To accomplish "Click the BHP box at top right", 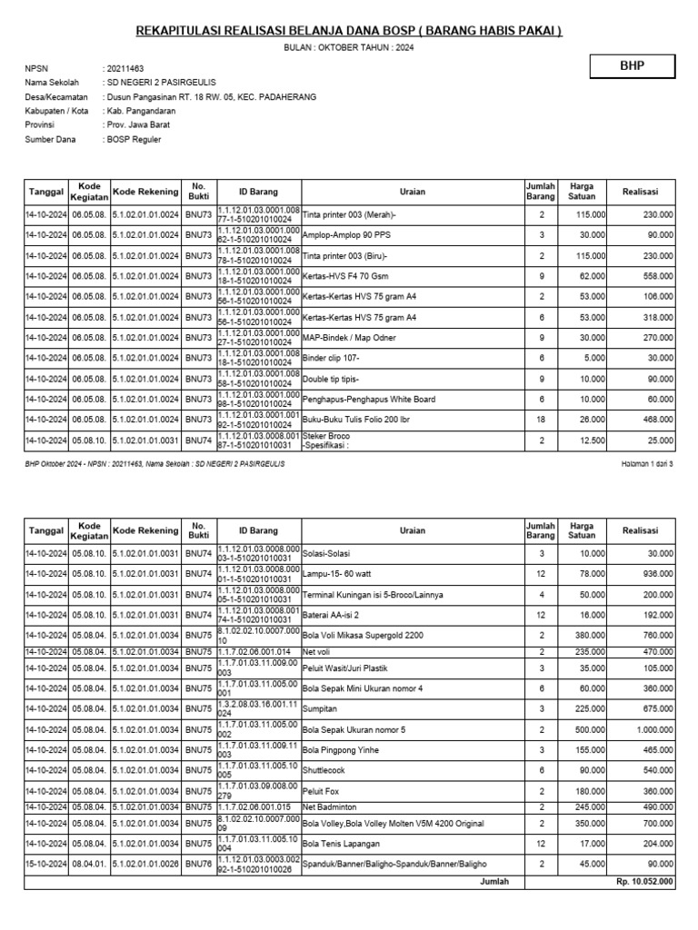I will pos(633,66).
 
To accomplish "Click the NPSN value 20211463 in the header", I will pos(125,69).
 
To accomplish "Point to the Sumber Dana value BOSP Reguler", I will pos(133,139).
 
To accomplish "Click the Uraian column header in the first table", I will pos(412,192).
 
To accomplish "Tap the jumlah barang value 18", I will pos(541,420).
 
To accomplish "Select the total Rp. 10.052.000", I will pos(643,881).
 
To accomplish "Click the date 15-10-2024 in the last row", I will pos(45,864).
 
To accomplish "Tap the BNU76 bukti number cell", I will pos(198,864).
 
